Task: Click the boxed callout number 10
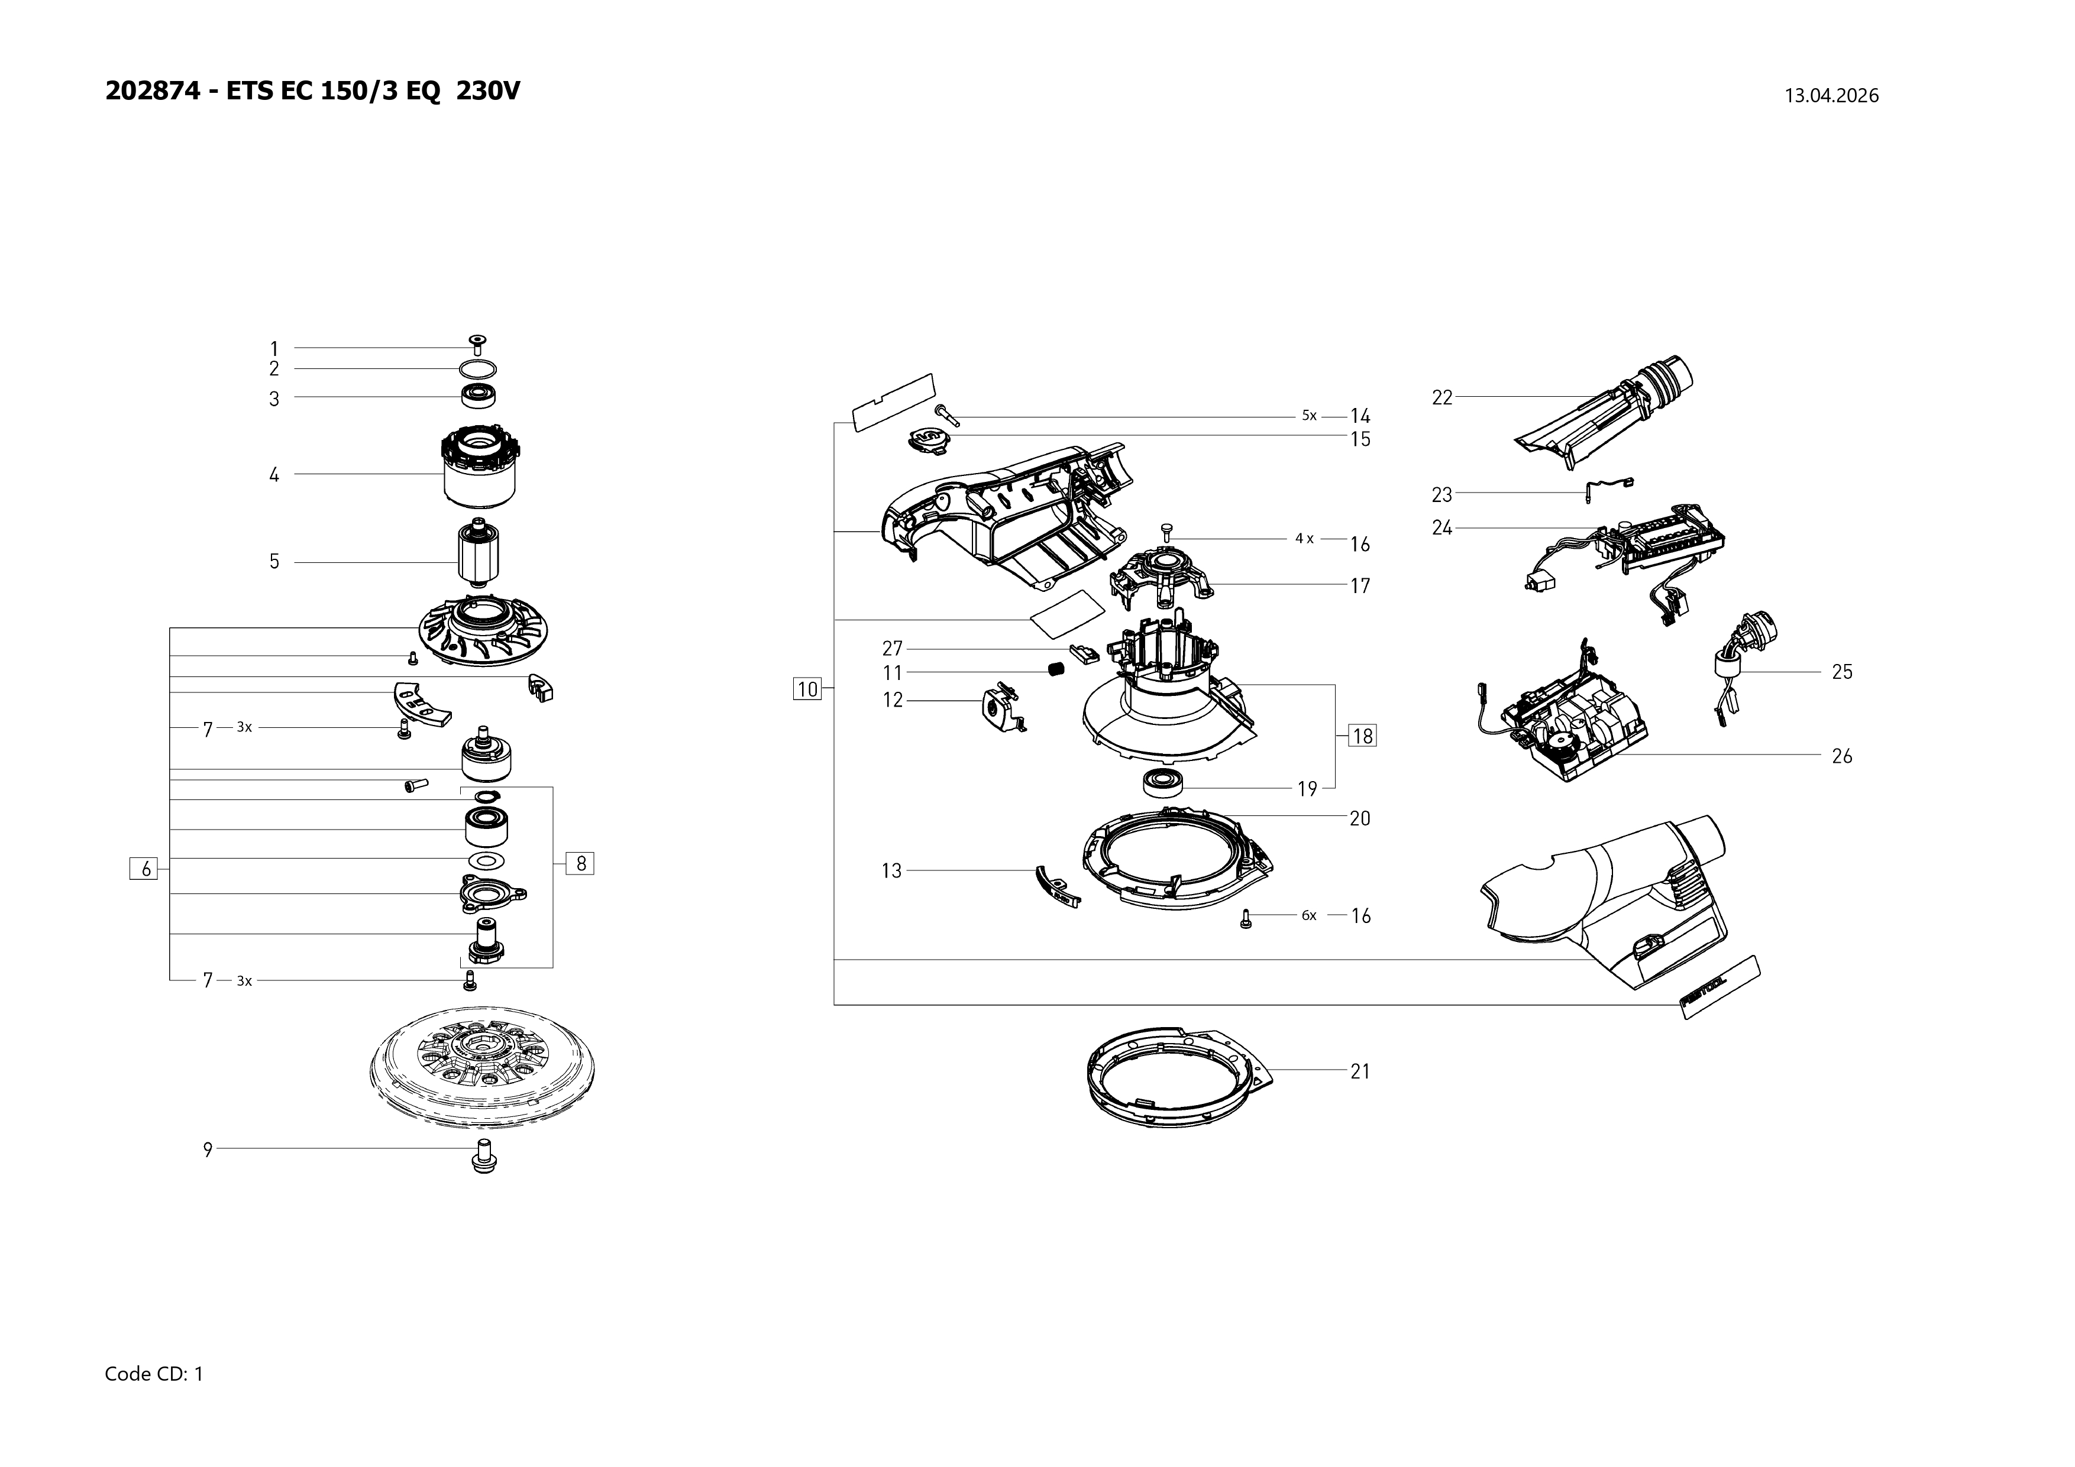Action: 807,689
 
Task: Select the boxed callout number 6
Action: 144,869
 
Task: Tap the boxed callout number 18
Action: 1362,736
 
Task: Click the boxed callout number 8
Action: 580,863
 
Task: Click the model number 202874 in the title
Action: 153,91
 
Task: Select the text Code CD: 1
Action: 154,1374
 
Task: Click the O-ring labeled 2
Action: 478,368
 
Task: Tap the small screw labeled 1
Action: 478,342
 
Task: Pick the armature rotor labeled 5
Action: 479,556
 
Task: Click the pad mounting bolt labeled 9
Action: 484,1156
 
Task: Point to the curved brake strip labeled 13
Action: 1054,887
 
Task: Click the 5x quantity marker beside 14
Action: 1310,416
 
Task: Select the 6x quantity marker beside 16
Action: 1308,915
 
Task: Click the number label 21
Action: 1360,1071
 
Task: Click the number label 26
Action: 1842,756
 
